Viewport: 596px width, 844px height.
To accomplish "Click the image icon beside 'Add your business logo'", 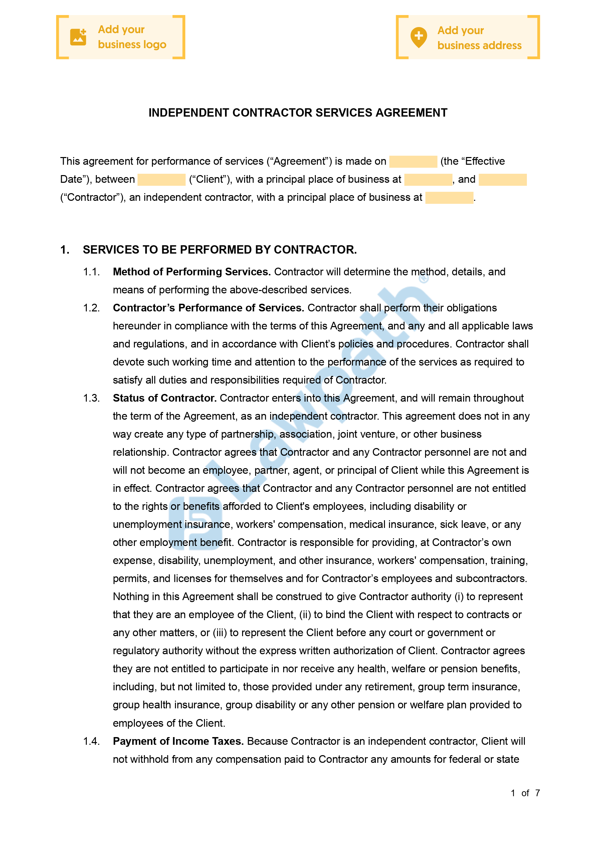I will point(78,37).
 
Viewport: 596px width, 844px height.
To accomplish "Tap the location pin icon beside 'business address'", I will point(418,37).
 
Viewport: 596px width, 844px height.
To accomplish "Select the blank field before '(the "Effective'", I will point(413,161).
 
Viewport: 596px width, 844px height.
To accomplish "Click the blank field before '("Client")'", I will point(161,179).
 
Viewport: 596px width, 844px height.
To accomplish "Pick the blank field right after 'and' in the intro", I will point(502,179).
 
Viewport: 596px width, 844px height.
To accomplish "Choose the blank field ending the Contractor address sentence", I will point(449,197).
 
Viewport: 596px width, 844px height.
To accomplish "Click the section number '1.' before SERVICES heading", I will point(65,250).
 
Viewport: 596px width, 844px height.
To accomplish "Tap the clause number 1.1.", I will point(91,272).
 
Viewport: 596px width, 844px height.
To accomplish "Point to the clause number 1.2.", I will point(91,308).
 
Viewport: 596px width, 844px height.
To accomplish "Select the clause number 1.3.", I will point(91,398).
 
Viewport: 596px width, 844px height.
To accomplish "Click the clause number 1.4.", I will point(91,741).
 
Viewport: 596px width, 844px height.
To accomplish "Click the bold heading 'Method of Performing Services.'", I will point(191,272).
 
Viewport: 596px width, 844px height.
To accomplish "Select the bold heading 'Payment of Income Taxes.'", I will point(178,741).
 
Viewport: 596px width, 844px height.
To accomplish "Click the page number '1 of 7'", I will point(525,793).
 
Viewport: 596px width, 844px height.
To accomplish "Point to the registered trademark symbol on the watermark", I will point(424,279).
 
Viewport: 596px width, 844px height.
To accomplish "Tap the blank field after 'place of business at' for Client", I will point(428,179).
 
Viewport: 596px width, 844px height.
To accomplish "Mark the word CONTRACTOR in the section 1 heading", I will point(315,250).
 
